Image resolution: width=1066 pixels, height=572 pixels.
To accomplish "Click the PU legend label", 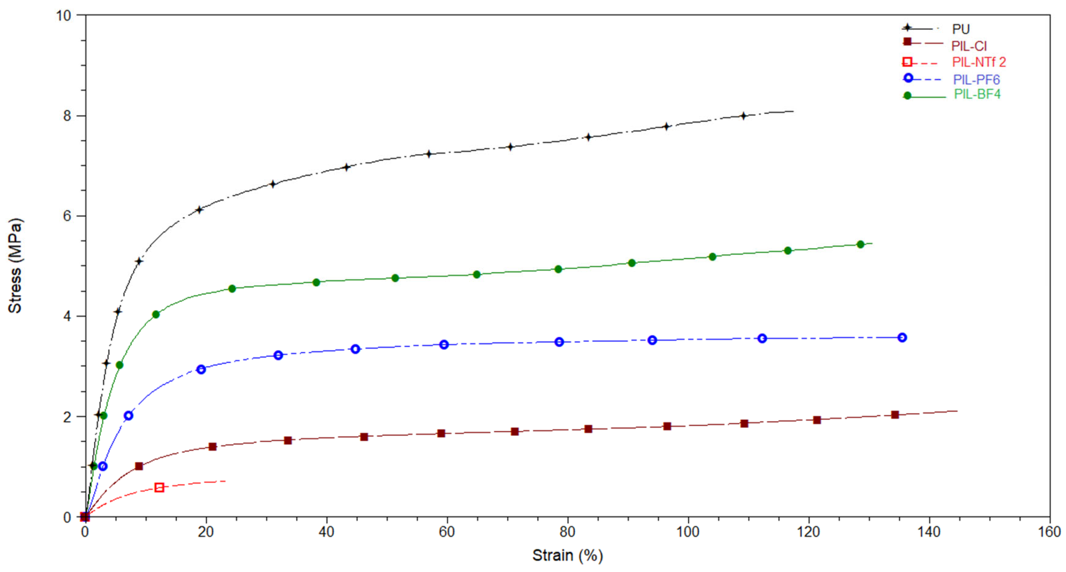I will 961,30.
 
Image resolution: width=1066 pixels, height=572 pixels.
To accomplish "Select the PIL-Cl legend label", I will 968,46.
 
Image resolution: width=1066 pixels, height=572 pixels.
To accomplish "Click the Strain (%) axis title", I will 567,555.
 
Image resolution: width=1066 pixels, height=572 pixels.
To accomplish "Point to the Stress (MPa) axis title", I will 15,266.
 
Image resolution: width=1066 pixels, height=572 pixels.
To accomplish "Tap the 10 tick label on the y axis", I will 63,16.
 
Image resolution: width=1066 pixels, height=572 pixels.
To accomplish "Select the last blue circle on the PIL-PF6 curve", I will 902,337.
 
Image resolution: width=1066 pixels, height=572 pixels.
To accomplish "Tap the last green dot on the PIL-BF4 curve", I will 860,244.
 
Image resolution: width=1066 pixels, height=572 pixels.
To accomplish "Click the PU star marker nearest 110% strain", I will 743,116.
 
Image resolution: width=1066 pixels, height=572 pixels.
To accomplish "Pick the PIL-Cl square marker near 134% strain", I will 895,415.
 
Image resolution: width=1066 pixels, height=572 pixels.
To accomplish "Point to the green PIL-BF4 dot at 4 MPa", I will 156,315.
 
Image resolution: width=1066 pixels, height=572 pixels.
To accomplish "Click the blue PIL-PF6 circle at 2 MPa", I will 128,416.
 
